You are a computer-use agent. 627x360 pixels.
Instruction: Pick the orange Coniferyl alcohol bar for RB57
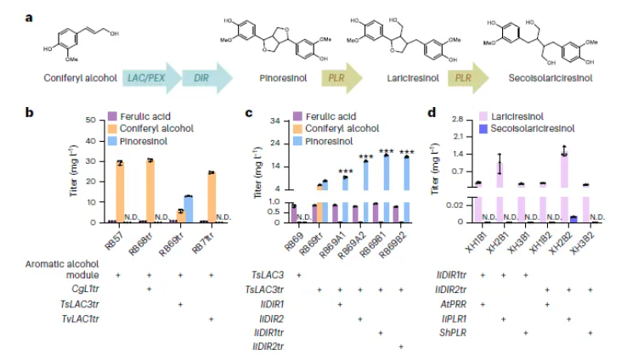120,191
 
